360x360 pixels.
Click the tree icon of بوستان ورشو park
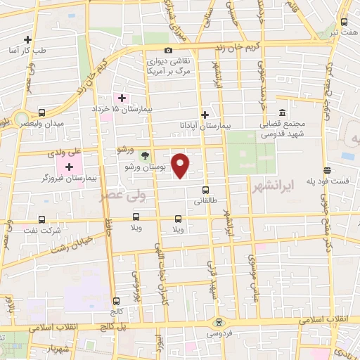[145, 155]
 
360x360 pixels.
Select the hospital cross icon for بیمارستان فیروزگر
[69, 167]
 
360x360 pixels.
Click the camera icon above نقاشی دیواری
[168, 50]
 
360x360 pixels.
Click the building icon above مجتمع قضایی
[282, 112]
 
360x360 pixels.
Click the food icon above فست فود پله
[327, 169]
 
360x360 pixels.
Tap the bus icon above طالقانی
[205, 189]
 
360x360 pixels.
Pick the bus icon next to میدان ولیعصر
[42, 112]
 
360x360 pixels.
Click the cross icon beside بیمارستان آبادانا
[205, 115]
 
